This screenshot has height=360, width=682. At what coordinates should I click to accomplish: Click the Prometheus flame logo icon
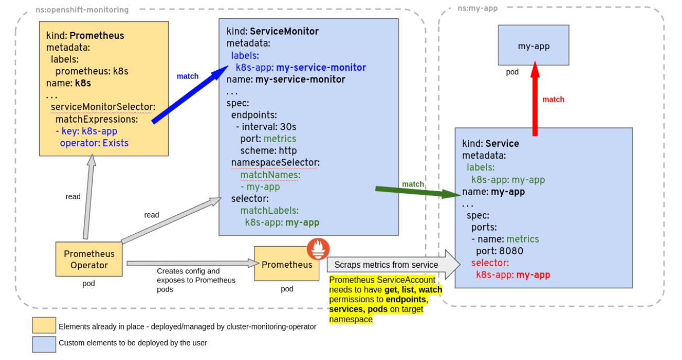click(318, 249)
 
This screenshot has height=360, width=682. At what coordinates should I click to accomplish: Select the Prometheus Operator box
click(89, 259)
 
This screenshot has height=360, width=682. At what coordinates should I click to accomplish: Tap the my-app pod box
click(534, 45)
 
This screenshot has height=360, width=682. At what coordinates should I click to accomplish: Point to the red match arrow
click(535, 99)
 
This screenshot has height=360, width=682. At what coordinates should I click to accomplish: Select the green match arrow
click(418, 192)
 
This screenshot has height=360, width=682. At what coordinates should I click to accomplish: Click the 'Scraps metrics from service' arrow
click(394, 265)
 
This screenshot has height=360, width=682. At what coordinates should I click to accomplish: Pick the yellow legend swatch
click(44, 325)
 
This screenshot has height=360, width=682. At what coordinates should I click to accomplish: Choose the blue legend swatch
click(44, 344)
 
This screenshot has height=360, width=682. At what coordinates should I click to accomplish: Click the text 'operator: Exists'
click(94, 143)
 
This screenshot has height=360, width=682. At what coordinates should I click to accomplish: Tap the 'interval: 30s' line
click(266, 127)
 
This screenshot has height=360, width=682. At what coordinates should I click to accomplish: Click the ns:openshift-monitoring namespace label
click(82, 10)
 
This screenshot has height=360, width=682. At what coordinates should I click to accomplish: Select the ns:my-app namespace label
click(478, 8)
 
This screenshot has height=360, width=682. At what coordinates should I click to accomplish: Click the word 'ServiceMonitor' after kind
click(284, 31)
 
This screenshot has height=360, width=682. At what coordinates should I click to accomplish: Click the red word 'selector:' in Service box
click(490, 263)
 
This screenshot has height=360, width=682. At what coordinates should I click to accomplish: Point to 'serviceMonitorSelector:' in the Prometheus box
click(103, 107)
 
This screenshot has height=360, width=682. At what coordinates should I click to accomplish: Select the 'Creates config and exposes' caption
click(196, 280)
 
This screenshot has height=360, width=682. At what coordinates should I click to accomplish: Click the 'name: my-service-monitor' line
click(286, 80)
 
